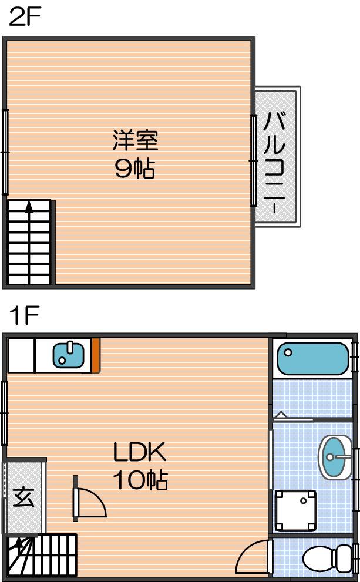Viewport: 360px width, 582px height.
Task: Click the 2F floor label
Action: coord(25,16)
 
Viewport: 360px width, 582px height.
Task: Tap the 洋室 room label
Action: coord(135,140)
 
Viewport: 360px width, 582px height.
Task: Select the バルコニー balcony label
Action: coord(274,163)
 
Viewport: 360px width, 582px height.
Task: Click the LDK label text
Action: coord(140,452)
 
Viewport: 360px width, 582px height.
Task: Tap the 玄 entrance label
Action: coord(23,497)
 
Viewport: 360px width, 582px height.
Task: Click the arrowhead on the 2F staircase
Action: coord(29,206)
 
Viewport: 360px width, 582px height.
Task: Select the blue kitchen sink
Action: coord(68,355)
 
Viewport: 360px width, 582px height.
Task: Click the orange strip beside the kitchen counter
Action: coord(96,355)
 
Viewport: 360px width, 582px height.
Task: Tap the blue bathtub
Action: coord(312,358)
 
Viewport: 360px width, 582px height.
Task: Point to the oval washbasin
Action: coord(334,457)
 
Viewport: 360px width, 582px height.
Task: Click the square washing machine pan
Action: coord(295,511)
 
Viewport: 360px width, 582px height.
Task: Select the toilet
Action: coord(327,559)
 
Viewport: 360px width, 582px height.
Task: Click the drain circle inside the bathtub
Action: coord(288,352)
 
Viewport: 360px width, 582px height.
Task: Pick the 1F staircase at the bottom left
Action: coord(42,555)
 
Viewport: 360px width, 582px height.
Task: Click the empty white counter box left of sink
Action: coord(22,355)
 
